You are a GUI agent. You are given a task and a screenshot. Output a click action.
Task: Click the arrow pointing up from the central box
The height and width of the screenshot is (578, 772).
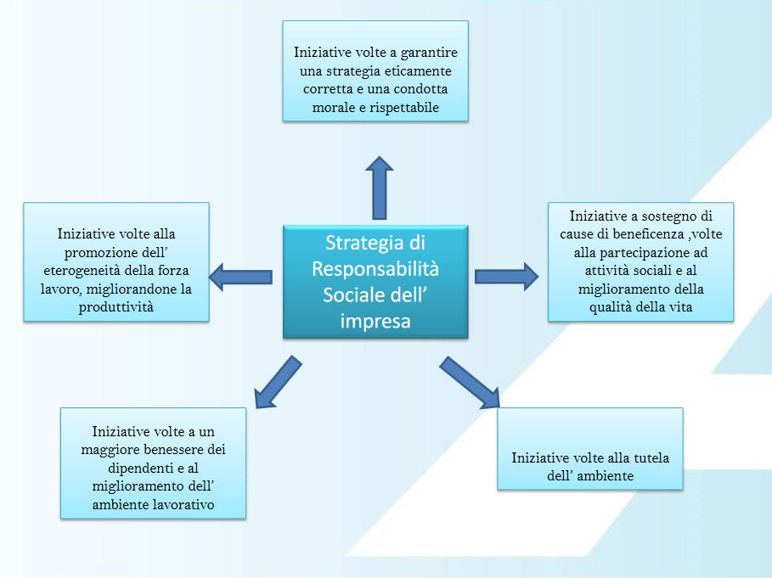pos(379,188)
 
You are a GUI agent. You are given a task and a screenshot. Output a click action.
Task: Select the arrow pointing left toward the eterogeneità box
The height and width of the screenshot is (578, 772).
pos(240,277)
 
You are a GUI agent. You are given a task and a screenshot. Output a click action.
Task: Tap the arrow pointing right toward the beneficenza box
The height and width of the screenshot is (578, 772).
pos(507,277)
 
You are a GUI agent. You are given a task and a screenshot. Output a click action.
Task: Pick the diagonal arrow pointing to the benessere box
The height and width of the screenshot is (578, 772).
pos(278,382)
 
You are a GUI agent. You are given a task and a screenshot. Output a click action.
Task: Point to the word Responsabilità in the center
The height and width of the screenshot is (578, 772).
pos(375,268)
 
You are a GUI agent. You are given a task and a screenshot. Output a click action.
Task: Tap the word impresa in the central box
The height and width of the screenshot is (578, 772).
pos(375,321)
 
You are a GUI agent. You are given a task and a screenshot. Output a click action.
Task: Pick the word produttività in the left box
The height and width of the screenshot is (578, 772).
pos(116,307)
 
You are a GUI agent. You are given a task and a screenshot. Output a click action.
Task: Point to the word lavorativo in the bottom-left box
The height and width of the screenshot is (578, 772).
pos(183,505)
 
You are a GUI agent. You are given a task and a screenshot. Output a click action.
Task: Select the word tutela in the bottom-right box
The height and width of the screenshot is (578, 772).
pos(651,458)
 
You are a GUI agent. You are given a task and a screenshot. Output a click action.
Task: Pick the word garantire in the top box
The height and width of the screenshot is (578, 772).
pos(429,53)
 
